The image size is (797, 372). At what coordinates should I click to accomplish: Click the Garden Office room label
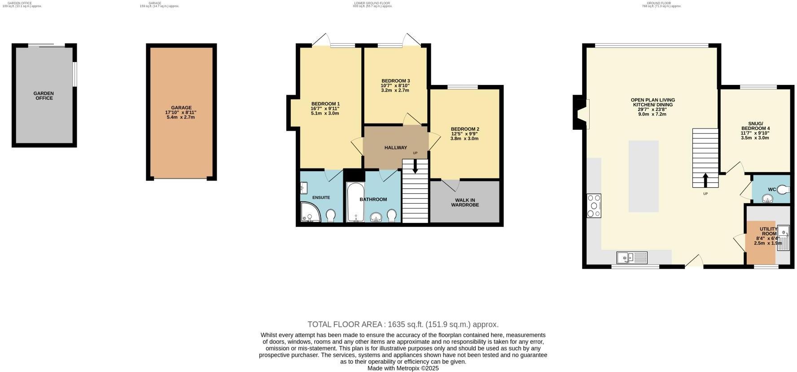[44, 96]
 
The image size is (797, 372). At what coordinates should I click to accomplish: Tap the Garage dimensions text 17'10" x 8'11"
[181, 112]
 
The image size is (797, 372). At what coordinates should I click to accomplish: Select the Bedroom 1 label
[325, 104]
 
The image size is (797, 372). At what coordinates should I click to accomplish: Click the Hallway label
[395, 147]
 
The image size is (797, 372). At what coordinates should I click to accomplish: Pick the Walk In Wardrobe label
[464, 203]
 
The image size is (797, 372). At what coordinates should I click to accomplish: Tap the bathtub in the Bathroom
[356, 203]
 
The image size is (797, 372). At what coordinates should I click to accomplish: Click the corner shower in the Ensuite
[310, 213]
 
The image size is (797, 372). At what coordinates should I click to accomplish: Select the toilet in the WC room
[784, 190]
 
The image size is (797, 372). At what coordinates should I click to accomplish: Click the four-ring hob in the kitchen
[594, 206]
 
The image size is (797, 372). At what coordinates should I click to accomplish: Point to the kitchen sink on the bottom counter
[632, 257]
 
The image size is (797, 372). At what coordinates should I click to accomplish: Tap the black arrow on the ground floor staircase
[705, 180]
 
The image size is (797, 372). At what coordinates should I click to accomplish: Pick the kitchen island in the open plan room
[643, 176]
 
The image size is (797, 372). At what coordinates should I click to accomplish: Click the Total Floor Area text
[403, 324]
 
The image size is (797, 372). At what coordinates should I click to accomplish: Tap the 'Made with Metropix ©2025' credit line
[403, 368]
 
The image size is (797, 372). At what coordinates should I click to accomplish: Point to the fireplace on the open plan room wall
[580, 112]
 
